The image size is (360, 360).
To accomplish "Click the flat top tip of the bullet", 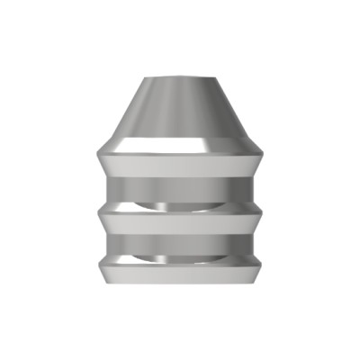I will tap(180, 77).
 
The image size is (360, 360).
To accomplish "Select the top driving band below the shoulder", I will tap(180, 166).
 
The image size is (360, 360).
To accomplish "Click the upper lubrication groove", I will tap(180, 191).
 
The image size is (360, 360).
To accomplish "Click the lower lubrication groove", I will tap(180, 245).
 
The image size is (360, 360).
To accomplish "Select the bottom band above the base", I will tap(180, 271).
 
